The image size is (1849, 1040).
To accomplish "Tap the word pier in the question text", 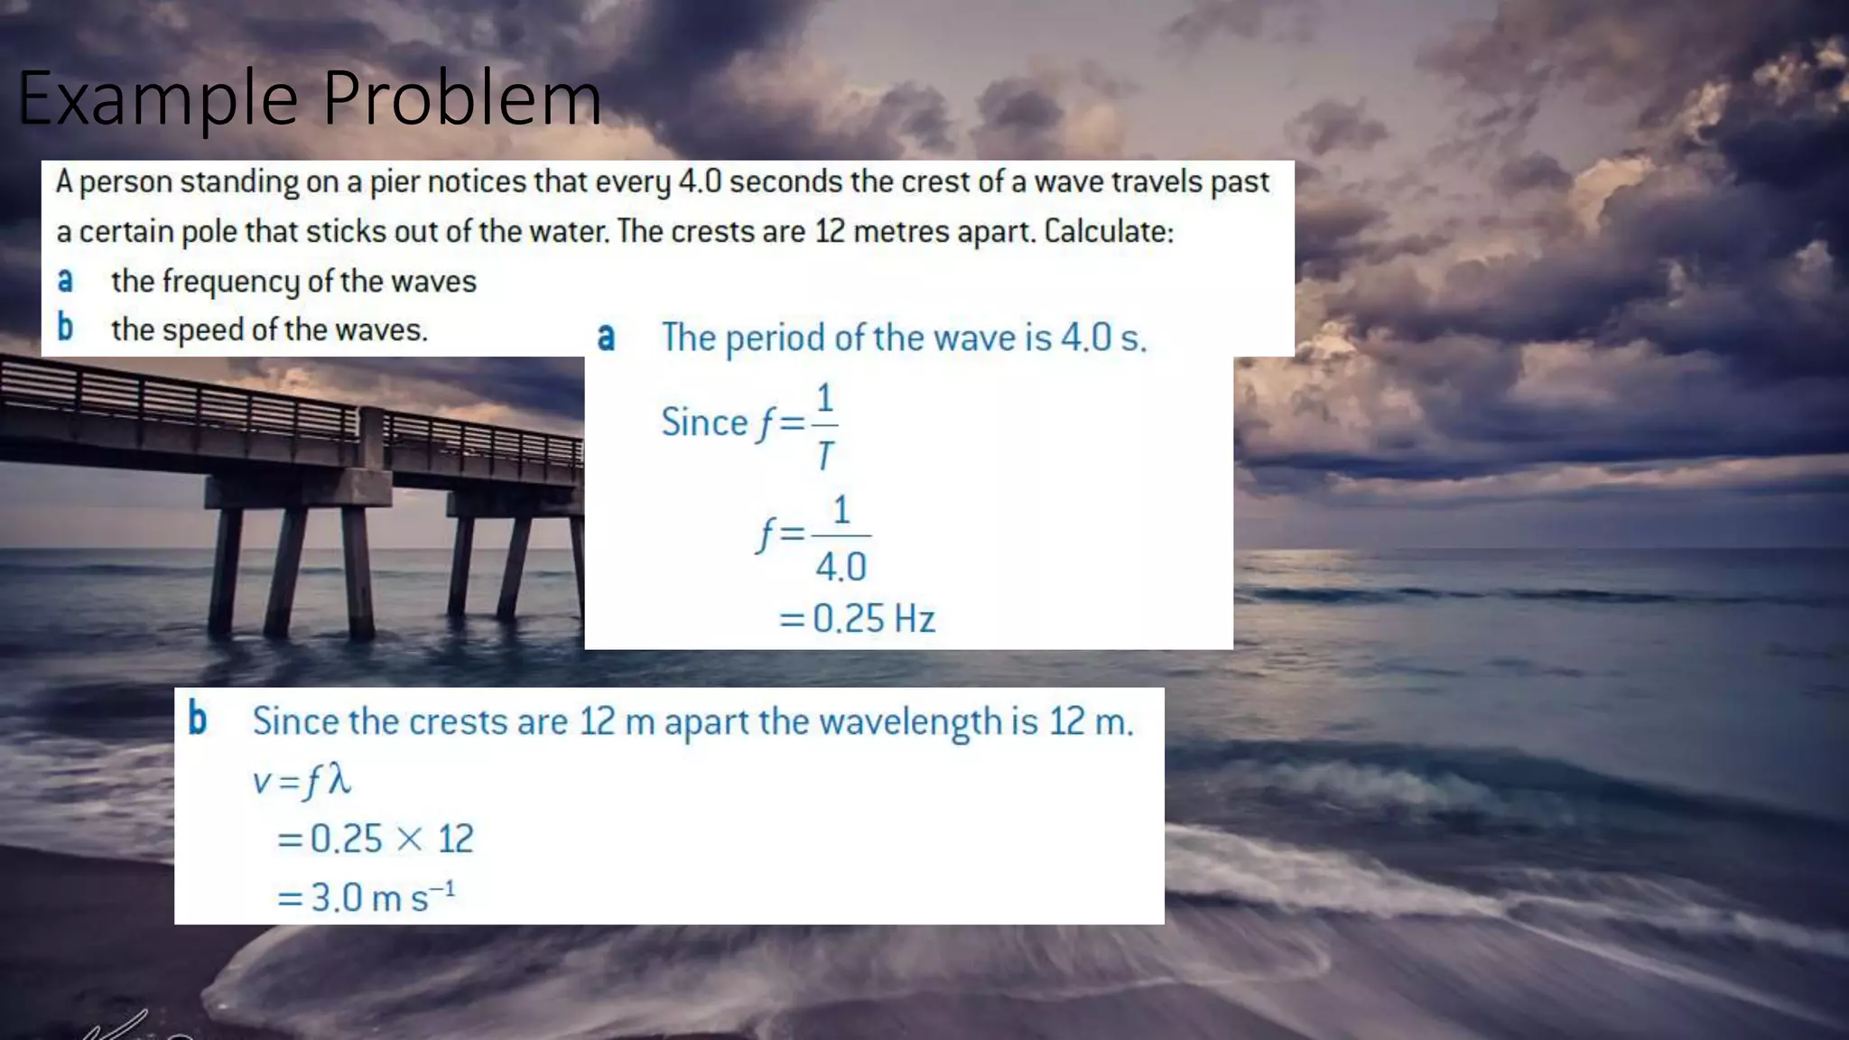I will click(395, 182).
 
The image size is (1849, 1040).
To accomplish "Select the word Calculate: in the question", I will click(1109, 232).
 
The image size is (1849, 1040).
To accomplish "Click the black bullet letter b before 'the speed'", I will click(65, 327).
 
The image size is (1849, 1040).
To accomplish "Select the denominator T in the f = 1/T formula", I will click(824, 456).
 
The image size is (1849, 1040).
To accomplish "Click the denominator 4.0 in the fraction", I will click(841, 567).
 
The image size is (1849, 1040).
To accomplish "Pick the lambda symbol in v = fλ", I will click(339, 779).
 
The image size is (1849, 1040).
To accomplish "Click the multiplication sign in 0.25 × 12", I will click(409, 840).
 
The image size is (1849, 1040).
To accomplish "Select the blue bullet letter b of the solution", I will click(197, 720).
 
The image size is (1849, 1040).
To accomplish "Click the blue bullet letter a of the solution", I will click(606, 338).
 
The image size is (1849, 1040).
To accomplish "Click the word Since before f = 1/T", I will click(704, 422).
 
